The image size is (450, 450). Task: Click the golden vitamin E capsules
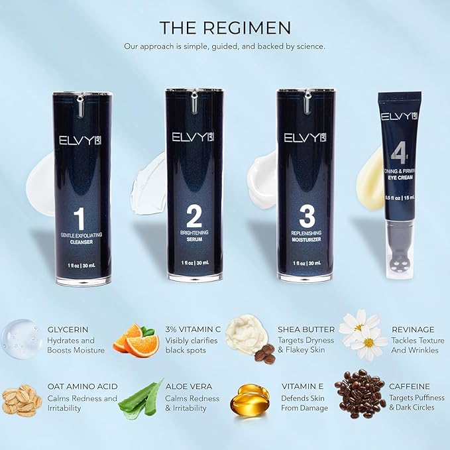coord(249,400)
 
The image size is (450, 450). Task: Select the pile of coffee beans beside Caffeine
coord(360,396)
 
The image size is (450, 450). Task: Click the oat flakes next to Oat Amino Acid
coord(21,400)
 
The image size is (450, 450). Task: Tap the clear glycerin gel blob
coord(21,339)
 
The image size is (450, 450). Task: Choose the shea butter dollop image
coord(246,333)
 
